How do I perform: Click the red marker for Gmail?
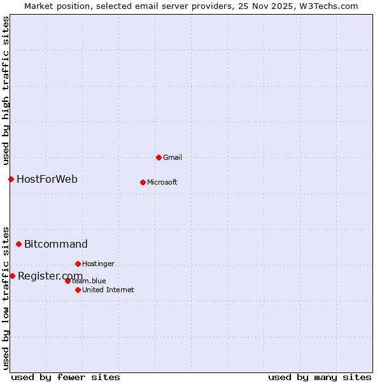click(159, 157)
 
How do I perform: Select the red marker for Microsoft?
click(143, 182)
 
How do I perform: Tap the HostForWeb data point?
click(11, 179)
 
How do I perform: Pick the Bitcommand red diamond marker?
click(18, 244)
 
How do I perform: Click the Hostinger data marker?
click(78, 264)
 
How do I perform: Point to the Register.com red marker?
click(12, 276)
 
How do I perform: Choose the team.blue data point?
click(67, 281)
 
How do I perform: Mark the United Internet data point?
click(78, 290)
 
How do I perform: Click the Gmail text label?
click(173, 157)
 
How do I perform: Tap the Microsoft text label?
click(162, 182)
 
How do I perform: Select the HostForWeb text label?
click(47, 179)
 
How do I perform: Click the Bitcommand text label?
click(56, 244)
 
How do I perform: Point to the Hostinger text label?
click(99, 264)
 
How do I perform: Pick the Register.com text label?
click(50, 276)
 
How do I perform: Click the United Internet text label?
click(108, 290)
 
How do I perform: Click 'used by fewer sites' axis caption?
click(66, 377)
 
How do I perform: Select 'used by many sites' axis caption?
click(320, 377)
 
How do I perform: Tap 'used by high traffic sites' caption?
click(6, 88)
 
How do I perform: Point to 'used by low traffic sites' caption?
click(6, 297)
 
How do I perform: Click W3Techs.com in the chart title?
click(329, 6)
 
